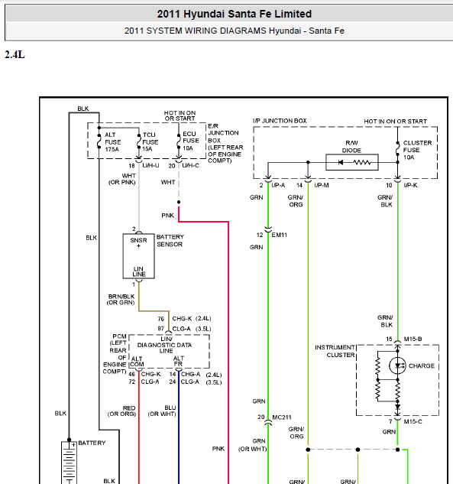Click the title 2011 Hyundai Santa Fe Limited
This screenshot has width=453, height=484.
click(x=235, y=14)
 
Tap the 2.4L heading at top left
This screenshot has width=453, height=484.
click(x=15, y=54)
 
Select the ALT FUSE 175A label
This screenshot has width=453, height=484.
click(x=112, y=142)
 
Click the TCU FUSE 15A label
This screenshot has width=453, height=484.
click(x=150, y=142)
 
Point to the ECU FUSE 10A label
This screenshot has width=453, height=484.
click(x=190, y=141)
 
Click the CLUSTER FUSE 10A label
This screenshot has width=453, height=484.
click(x=417, y=150)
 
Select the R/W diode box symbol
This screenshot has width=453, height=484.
click(x=352, y=162)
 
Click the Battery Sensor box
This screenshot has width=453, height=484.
click(x=139, y=256)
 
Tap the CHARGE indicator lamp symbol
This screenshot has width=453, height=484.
click(x=397, y=365)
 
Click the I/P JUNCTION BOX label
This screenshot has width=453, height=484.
click(x=280, y=121)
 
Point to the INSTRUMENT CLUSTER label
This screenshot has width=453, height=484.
click(x=335, y=351)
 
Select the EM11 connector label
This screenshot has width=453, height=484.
click(x=280, y=235)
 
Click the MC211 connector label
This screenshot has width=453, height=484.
click(x=282, y=417)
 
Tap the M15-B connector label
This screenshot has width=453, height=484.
click(x=413, y=339)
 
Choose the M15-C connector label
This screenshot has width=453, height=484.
click(x=413, y=421)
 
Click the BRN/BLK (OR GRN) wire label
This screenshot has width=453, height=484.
click(x=121, y=300)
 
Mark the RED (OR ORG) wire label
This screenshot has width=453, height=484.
click(x=121, y=411)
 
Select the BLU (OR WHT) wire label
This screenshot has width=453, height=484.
click(x=162, y=411)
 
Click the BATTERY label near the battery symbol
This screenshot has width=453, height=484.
click(x=92, y=443)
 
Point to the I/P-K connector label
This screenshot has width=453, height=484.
click(x=410, y=185)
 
